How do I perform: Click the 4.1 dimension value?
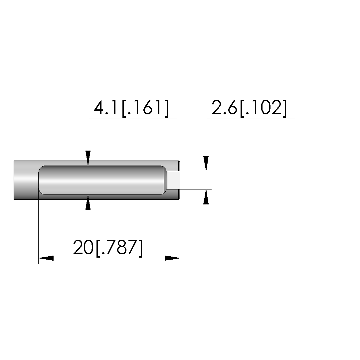[x=107, y=107]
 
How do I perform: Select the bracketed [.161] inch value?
[x=145, y=108]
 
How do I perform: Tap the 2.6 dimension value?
[x=224, y=107]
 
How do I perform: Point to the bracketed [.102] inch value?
[x=263, y=108]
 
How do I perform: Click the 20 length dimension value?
[x=83, y=247]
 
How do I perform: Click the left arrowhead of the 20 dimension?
[x=46, y=258]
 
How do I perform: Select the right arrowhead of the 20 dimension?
[x=173, y=258]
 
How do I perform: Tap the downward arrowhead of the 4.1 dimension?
[x=88, y=158]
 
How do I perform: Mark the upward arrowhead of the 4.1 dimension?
[x=88, y=202]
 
